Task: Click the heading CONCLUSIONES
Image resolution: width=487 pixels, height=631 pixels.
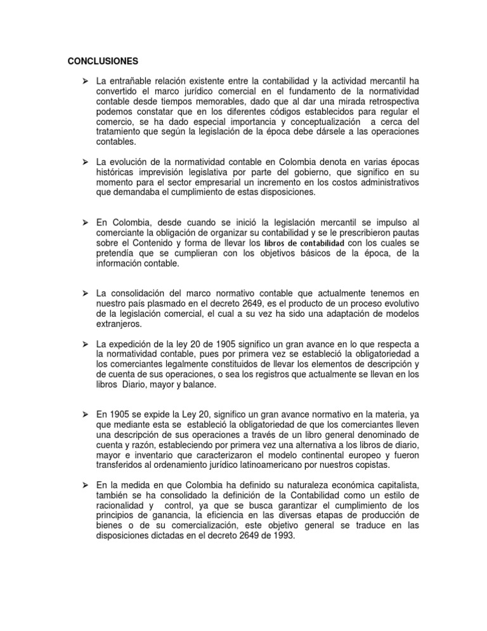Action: [103, 62]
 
